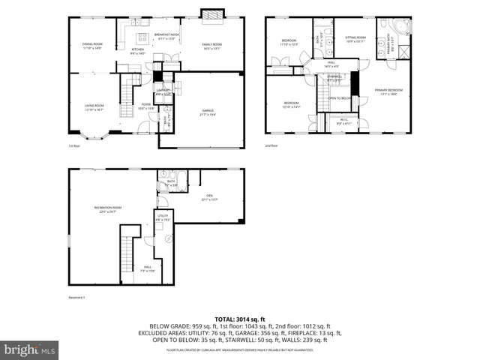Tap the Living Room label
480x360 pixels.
[94, 106]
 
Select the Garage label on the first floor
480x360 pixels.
[207, 112]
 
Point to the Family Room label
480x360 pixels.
[212, 46]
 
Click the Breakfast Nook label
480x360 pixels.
[166, 36]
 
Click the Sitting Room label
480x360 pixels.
[355, 38]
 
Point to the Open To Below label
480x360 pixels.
[340, 98]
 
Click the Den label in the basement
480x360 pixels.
[208, 198]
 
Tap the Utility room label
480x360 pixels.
[163, 217]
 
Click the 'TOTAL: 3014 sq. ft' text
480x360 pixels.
[240, 319]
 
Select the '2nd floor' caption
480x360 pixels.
[271, 145]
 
